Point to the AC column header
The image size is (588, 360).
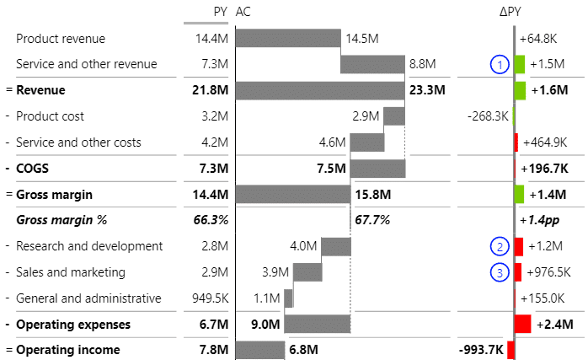[243, 12]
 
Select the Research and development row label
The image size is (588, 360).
[89, 246]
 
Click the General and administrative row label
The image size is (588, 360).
[88, 298]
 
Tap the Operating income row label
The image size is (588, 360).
[68, 350]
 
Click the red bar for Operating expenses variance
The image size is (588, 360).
[522, 324]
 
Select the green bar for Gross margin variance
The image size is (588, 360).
[520, 194]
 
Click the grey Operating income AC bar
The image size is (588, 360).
[260, 350]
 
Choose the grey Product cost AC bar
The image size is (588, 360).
[393, 116]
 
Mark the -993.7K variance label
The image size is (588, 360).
[481, 350]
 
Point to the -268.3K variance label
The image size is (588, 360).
[488, 116]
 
